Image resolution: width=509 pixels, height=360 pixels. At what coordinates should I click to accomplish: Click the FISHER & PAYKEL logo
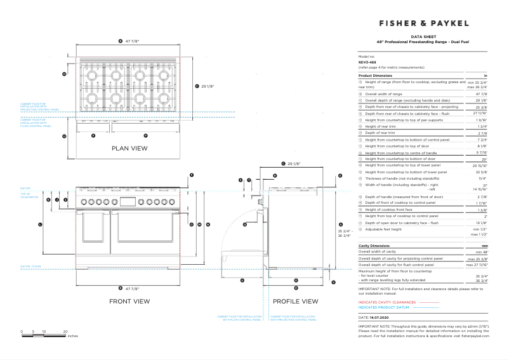coord(424,23)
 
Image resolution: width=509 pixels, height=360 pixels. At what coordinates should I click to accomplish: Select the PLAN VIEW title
coord(129,148)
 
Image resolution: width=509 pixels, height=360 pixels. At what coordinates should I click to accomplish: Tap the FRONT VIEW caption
coord(129,301)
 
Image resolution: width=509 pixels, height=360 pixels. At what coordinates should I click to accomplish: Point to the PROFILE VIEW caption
coord(296,301)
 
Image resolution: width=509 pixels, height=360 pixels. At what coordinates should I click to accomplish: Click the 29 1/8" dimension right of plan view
coord(207,86)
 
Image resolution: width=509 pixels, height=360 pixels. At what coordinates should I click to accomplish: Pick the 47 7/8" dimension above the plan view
coord(131,41)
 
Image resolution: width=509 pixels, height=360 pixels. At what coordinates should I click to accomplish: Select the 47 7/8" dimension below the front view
coord(131,288)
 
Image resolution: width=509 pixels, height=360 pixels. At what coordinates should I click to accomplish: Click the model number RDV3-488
coord(367,62)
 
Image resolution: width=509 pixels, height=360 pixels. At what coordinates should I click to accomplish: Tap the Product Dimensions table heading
coord(378,75)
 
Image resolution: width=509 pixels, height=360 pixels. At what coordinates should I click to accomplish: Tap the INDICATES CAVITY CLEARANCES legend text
coord(387,302)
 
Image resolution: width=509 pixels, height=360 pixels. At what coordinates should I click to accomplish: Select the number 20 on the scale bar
coord(65,331)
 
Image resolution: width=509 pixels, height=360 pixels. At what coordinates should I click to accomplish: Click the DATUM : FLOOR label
coord(30,266)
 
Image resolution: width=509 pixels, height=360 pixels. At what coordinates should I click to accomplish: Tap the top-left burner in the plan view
coord(91,76)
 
